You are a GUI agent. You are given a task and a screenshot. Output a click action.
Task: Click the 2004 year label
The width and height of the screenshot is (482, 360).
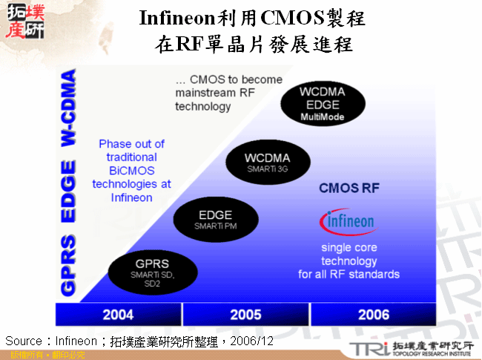coord(118,315)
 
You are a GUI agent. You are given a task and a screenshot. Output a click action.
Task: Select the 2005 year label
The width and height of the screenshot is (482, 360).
coord(245,315)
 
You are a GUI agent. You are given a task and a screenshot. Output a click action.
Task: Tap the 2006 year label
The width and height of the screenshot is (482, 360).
coord(373,315)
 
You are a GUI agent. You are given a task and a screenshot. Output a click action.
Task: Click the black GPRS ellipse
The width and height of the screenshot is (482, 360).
coord(152,269)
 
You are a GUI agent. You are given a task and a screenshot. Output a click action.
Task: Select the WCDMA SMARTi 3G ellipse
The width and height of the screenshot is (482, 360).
coord(267,163)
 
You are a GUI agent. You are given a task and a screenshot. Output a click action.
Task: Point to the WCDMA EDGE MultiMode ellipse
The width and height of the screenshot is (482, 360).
coord(323,103)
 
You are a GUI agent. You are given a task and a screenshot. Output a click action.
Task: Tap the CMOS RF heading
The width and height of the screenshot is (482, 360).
coord(349,189)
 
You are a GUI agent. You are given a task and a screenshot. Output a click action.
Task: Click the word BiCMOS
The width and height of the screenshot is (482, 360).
coord(131,171)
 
